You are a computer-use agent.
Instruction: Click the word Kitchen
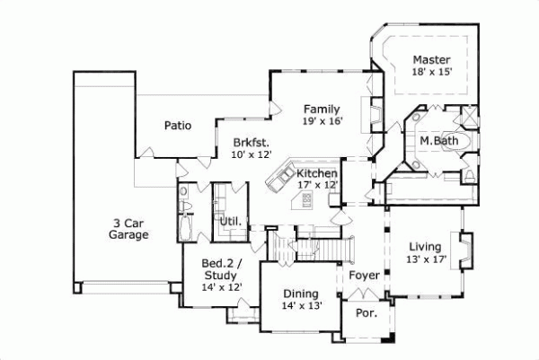click(x=317, y=172)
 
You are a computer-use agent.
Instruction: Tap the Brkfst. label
click(x=251, y=142)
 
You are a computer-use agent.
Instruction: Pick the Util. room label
click(x=227, y=221)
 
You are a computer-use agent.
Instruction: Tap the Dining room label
click(x=300, y=293)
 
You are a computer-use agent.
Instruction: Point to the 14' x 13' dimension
click(x=300, y=305)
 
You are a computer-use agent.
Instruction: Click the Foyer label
click(x=363, y=276)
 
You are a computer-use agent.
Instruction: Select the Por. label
click(x=366, y=315)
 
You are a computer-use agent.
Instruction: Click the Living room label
click(x=424, y=247)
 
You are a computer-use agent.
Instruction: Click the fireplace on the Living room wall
click(x=465, y=249)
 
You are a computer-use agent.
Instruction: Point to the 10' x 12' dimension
click(x=251, y=154)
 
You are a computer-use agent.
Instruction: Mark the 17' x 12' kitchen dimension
click(x=317, y=184)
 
